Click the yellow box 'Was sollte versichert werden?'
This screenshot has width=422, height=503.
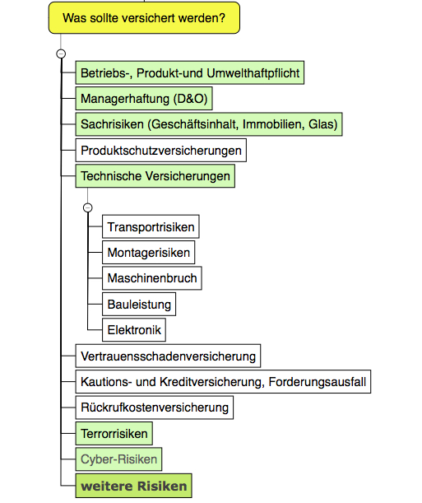(144, 17)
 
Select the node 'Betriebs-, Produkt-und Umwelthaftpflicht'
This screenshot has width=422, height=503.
(190, 72)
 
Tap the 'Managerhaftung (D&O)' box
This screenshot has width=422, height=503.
(144, 99)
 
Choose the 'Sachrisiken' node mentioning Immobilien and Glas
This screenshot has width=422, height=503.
(209, 124)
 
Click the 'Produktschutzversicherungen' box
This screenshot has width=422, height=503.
(161, 150)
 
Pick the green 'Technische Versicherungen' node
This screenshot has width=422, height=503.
(155, 176)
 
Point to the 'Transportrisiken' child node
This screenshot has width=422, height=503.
(151, 226)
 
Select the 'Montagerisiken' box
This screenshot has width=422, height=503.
(148, 253)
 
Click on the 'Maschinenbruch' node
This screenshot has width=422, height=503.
(152, 278)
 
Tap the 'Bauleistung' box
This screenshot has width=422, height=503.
(139, 304)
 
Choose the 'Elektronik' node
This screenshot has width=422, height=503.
(134, 330)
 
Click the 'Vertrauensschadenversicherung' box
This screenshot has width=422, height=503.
(168, 356)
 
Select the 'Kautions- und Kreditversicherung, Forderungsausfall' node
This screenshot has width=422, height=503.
(223, 382)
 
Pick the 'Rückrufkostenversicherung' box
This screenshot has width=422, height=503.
(155, 408)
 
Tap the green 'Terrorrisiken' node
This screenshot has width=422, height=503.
(114, 433)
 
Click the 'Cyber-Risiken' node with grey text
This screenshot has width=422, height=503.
(118, 459)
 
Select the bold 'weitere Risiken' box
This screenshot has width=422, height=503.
(133, 486)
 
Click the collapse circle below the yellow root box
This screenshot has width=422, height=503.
(61, 54)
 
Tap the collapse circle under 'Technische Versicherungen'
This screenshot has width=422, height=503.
(88, 207)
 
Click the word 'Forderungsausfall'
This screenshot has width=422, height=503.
(318, 382)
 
